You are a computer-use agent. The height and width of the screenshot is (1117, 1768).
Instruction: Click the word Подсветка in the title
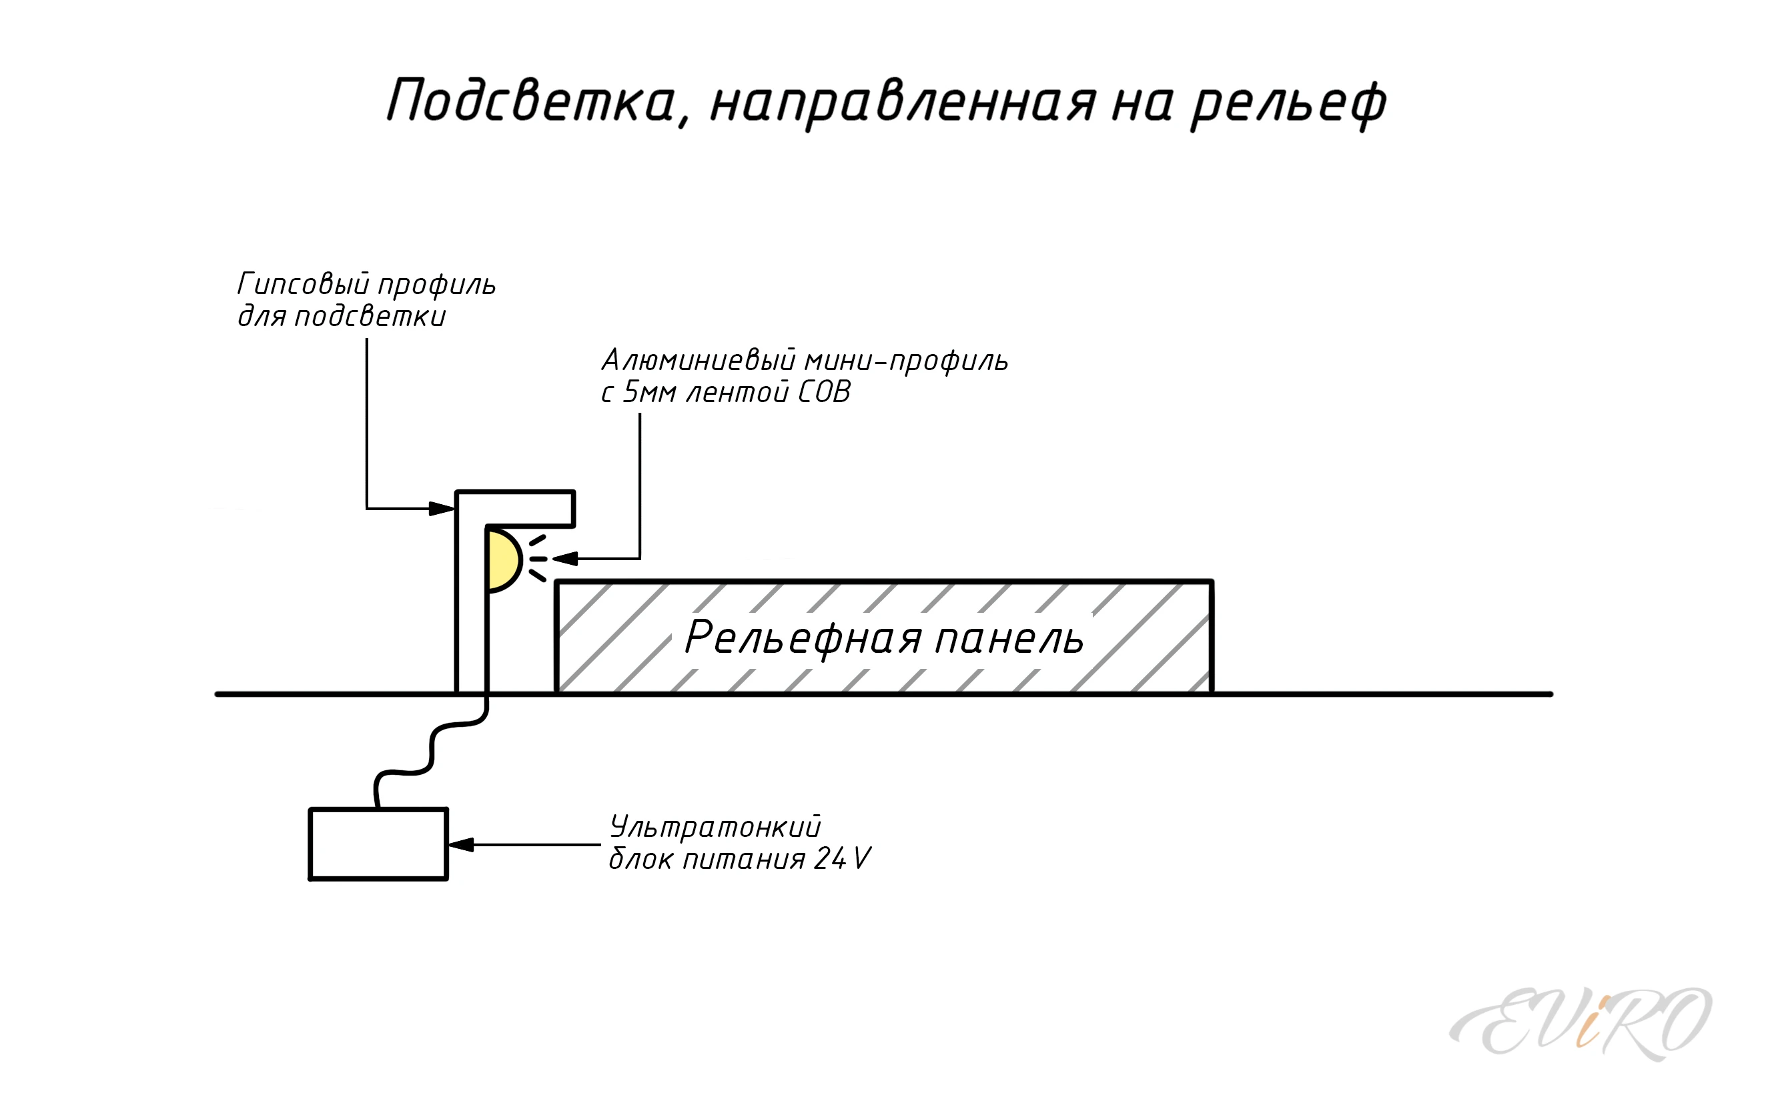coord(530,101)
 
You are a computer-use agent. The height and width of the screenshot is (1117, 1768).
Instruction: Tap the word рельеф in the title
coord(1288,103)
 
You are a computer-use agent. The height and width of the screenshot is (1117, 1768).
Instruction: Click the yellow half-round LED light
coord(502,560)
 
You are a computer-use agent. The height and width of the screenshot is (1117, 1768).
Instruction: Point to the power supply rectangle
coord(378,844)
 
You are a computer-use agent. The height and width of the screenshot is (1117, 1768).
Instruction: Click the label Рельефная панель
coord(884,637)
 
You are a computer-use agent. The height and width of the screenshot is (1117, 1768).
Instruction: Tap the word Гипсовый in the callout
coord(300,284)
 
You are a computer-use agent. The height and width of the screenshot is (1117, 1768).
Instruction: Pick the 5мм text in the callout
coord(649,393)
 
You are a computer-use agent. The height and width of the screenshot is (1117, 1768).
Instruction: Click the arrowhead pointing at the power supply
coord(460,845)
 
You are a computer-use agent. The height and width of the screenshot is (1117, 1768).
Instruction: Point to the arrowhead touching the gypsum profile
coord(441,508)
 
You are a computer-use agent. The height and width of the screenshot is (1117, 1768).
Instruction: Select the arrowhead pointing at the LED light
coord(565,560)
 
